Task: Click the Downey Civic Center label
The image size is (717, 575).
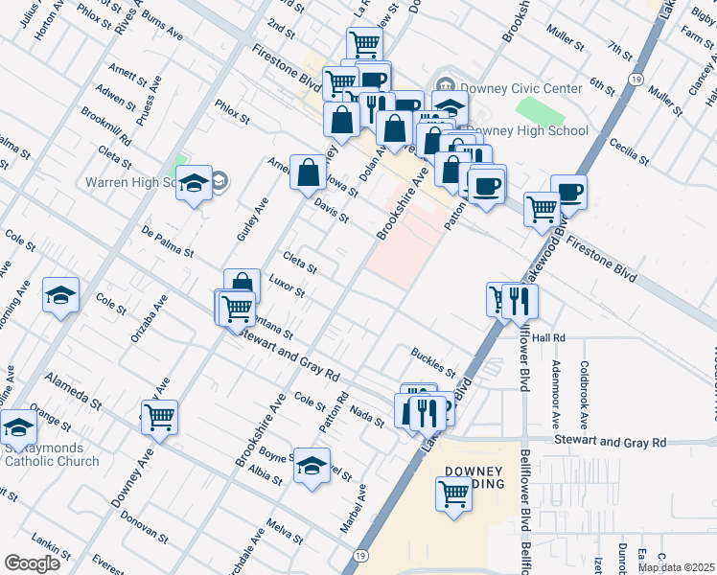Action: [x=520, y=88]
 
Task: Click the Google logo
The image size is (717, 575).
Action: [x=32, y=563]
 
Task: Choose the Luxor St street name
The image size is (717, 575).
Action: [x=286, y=286]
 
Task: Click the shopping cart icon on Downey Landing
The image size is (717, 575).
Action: [x=453, y=494]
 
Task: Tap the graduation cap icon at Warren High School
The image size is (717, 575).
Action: [x=194, y=182]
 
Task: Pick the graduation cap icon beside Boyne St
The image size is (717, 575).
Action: [x=312, y=466]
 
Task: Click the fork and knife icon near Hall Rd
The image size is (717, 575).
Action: [x=520, y=299]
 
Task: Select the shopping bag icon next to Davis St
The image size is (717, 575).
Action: [x=308, y=173]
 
